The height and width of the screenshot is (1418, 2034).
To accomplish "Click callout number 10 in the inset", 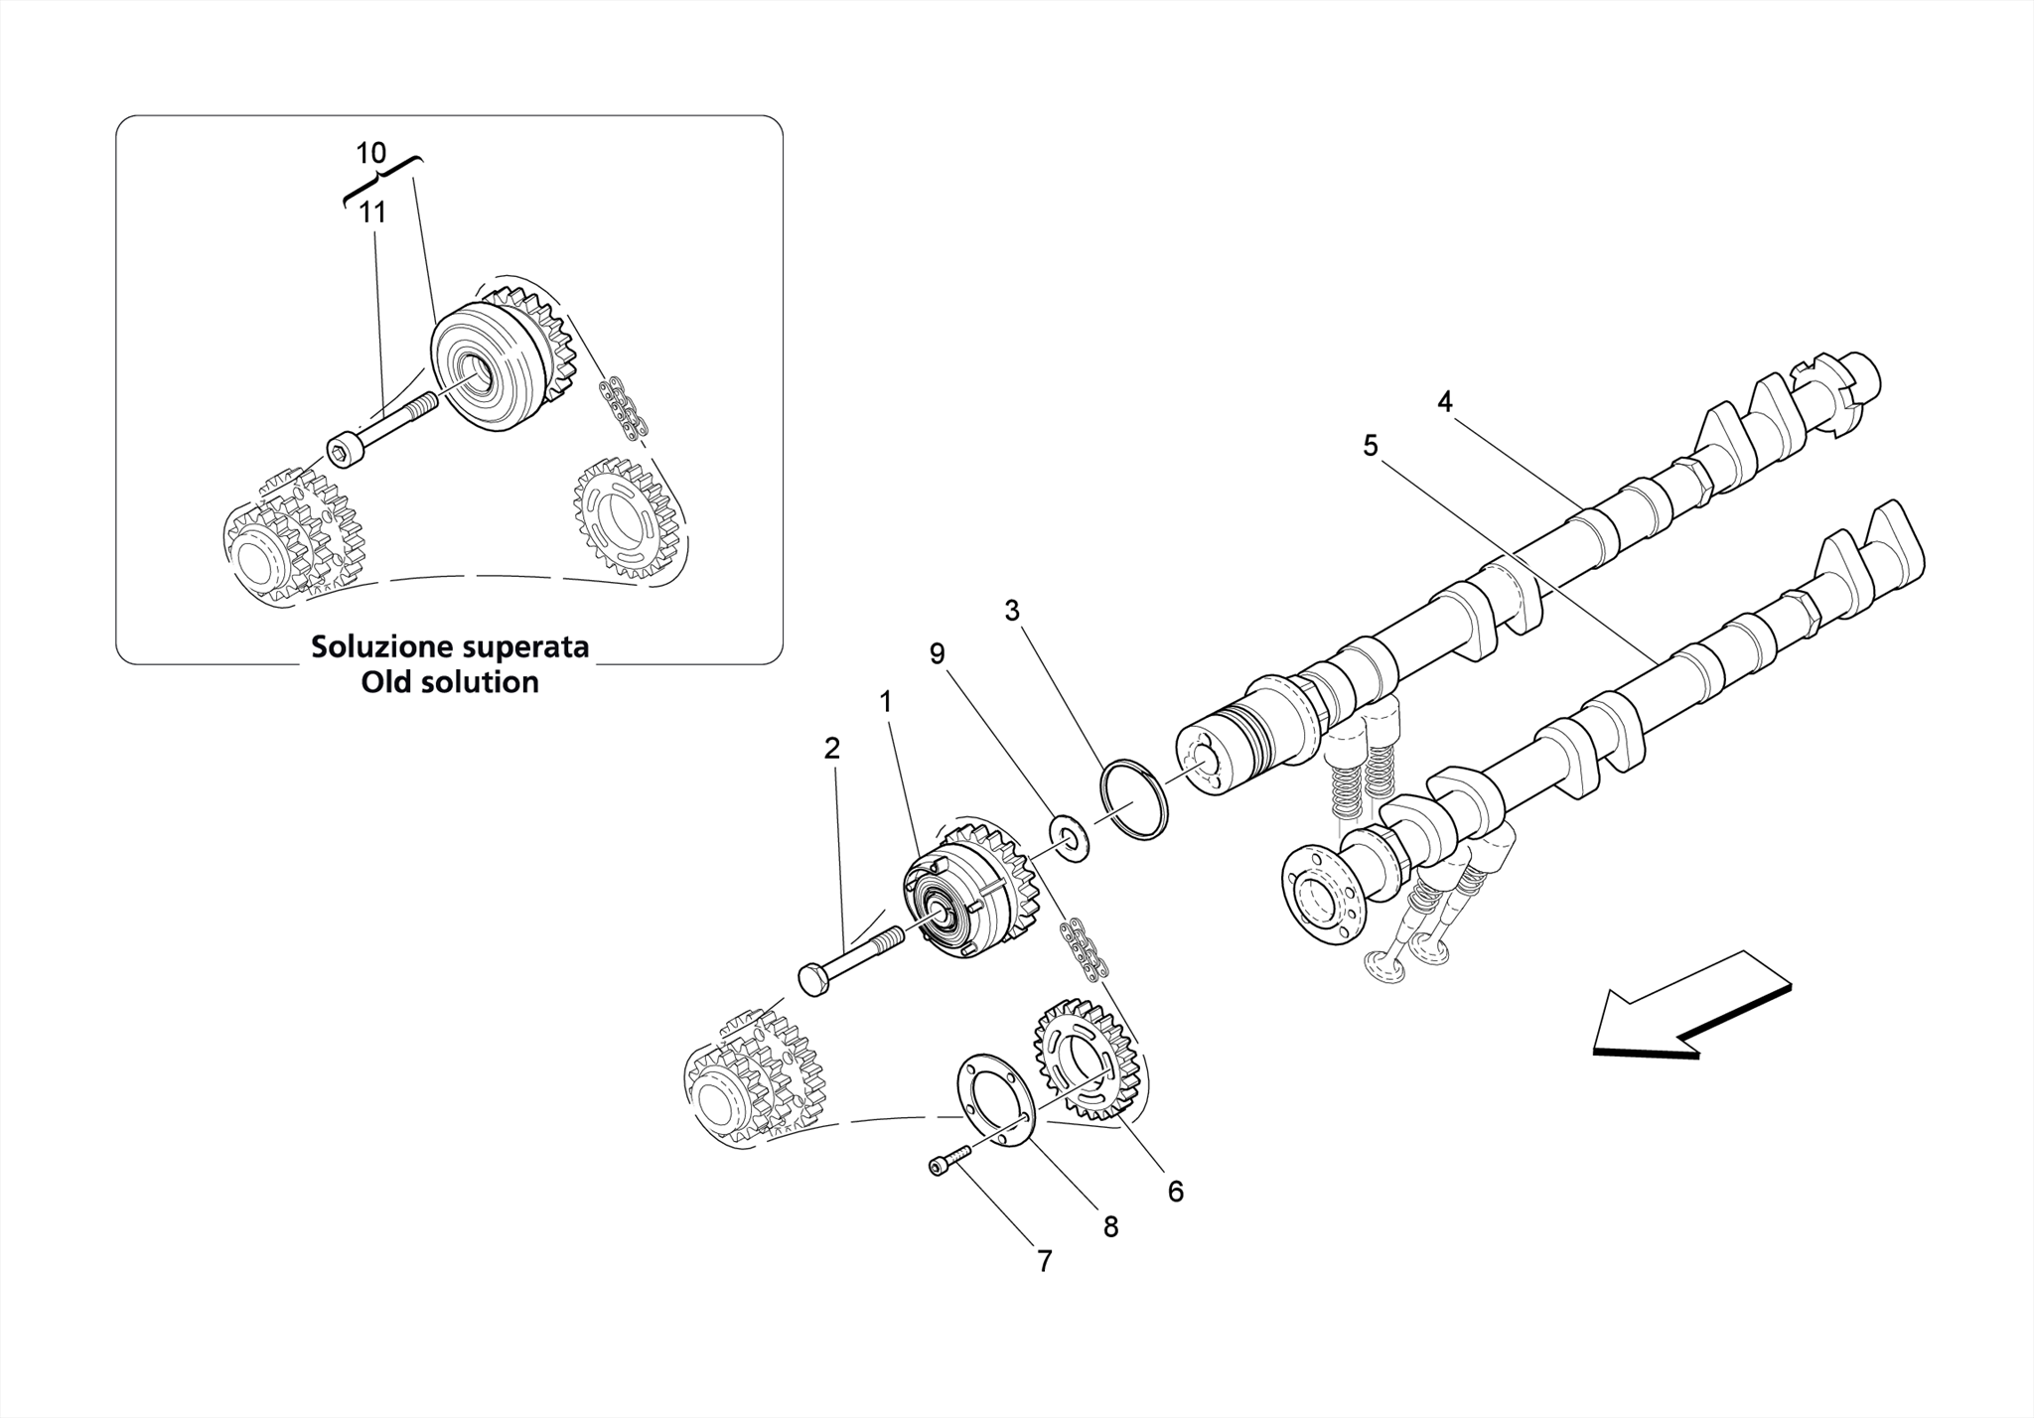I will tap(370, 154).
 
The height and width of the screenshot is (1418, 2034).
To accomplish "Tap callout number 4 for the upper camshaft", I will tap(1444, 402).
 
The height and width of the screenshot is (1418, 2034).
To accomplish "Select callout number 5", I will tap(1371, 447).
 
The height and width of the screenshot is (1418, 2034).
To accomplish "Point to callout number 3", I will tap(1011, 612).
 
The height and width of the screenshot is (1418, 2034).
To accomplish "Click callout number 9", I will tap(937, 654).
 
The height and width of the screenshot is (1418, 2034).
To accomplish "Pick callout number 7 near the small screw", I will tap(1044, 1262).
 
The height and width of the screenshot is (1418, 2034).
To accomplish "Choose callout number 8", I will tap(1110, 1227).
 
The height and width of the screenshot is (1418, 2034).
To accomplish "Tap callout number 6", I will tap(1176, 1192).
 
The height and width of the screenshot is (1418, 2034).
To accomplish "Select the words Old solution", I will tap(450, 683).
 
